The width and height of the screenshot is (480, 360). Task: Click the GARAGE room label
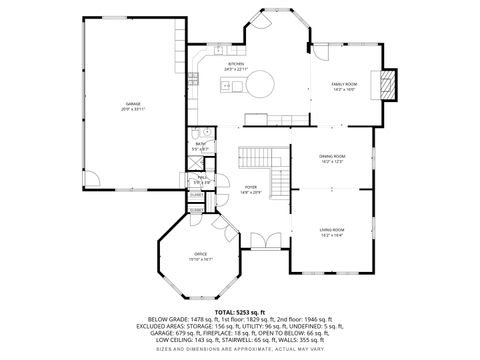132,105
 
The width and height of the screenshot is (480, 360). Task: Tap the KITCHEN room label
236,64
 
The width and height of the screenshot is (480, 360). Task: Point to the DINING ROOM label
332,158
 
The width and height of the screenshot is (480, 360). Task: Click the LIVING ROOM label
332,231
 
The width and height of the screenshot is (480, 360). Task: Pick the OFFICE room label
200,256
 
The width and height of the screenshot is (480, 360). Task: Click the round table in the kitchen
263,83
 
